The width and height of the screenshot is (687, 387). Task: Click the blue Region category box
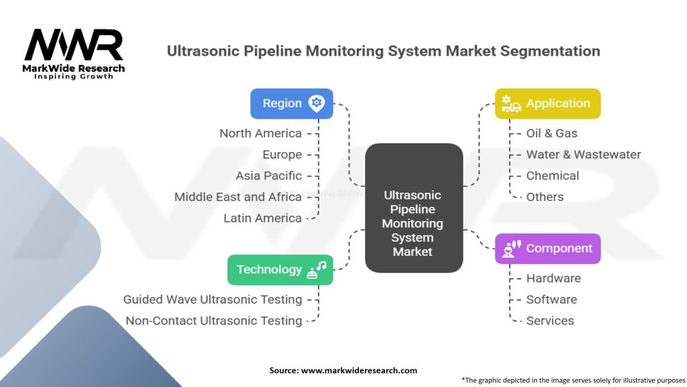point(291,103)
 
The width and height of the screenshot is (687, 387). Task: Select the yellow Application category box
point(547,103)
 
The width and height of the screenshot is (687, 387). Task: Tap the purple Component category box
point(547,249)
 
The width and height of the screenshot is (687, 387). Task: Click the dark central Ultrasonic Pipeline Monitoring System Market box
point(413,208)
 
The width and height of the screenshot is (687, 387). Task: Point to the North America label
point(260,133)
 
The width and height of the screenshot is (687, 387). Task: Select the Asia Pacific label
point(268,175)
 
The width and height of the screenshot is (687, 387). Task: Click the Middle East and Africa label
point(237,197)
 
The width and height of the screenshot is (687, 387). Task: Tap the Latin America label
point(262,218)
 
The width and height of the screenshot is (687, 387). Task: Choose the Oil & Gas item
point(551,133)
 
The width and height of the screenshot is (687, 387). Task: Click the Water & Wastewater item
point(583,155)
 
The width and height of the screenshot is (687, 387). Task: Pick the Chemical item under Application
point(552,175)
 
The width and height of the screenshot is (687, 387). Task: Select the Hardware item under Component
point(553,278)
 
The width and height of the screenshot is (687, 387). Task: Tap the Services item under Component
point(549,320)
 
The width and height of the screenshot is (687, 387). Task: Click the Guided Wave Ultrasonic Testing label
point(212,299)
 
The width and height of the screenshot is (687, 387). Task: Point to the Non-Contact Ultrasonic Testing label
point(213,320)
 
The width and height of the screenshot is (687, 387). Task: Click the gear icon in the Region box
point(317,103)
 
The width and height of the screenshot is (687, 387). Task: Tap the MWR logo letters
point(74,45)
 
